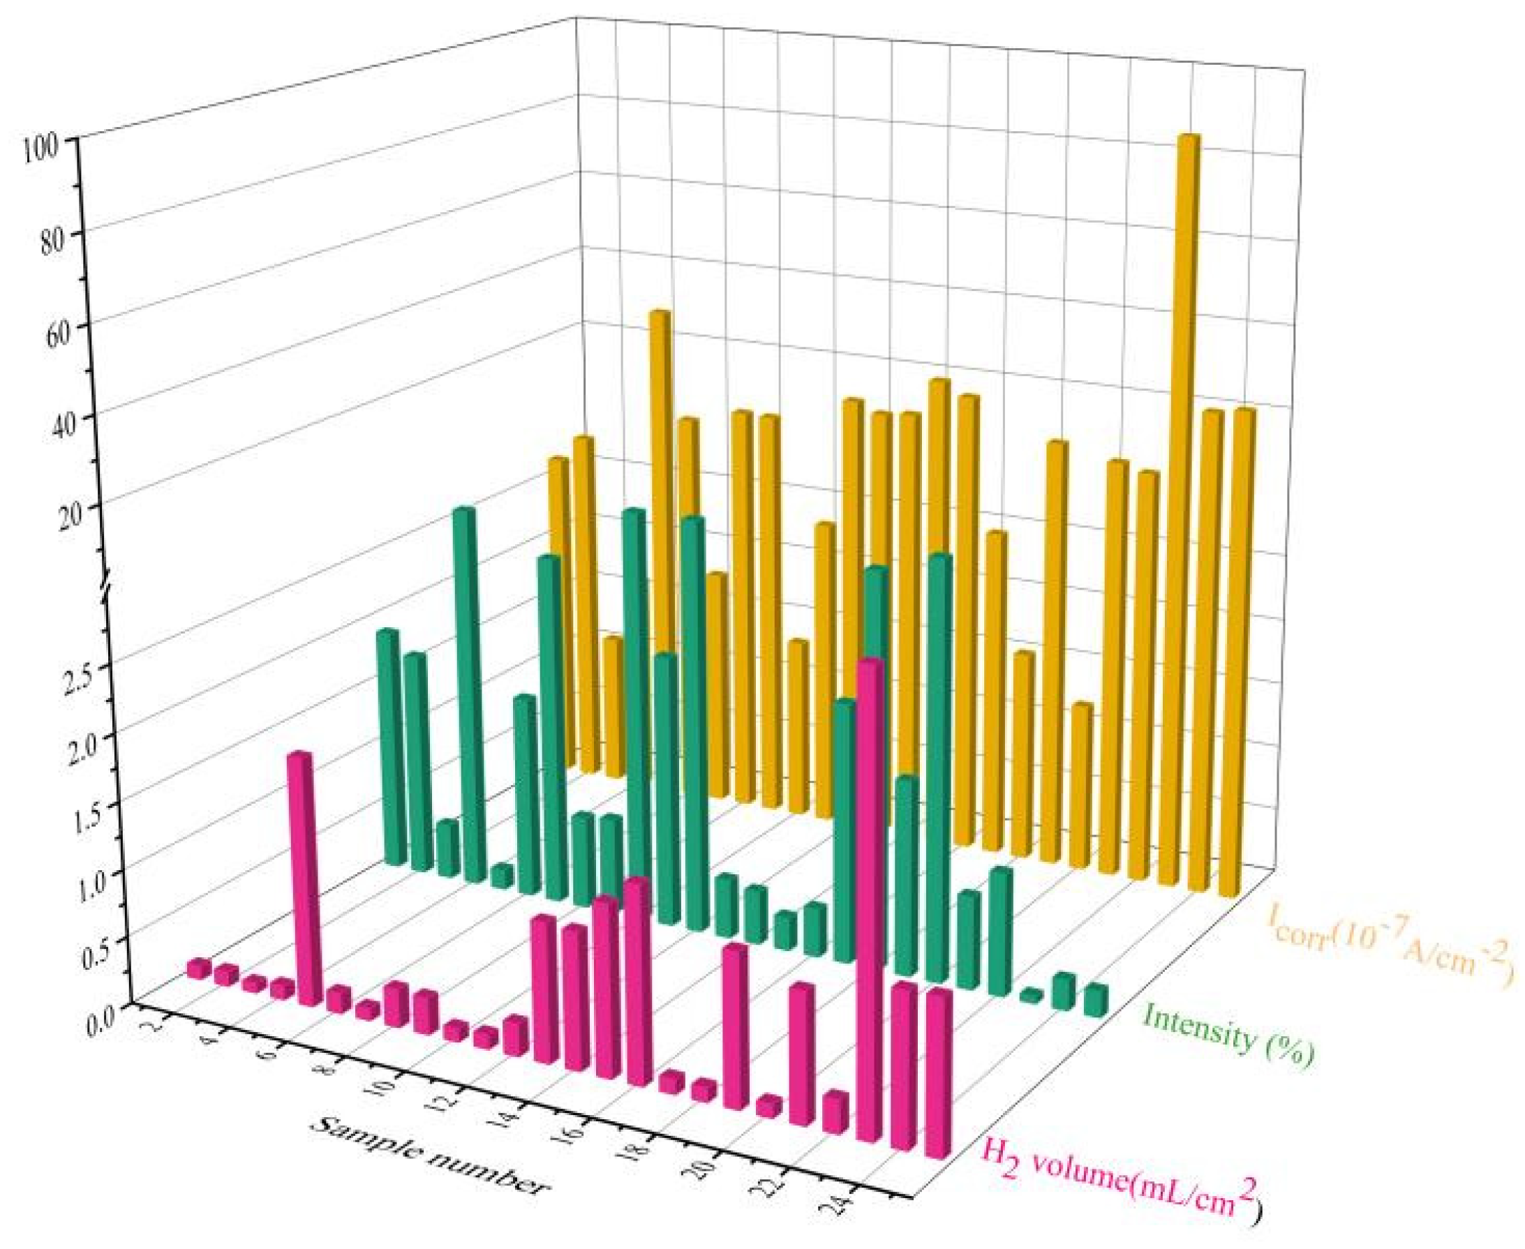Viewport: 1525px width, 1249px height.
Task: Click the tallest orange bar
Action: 1186,504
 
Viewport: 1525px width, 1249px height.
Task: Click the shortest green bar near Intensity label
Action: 1032,995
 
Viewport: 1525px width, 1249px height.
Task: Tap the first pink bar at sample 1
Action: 198,968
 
